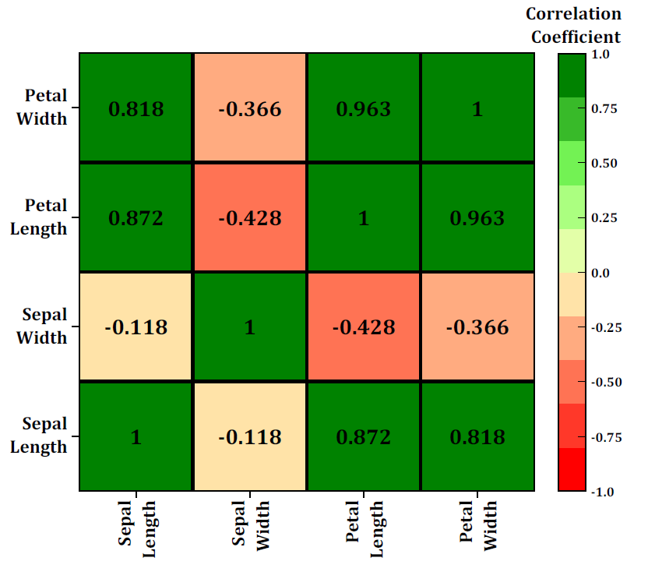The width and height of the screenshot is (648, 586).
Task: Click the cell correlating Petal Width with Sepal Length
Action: pyautogui.click(x=136, y=108)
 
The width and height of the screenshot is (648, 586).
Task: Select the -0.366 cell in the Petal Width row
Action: pyautogui.click(x=249, y=108)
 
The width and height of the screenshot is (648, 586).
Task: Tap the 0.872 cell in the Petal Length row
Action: pyautogui.click(x=136, y=217)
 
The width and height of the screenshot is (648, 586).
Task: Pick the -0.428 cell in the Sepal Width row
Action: pyautogui.click(x=364, y=327)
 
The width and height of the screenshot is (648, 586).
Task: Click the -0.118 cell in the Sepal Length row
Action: pyautogui.click(x=249, y=436)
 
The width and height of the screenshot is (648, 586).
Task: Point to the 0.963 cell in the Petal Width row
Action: pyautogui.click(x=364, y=108)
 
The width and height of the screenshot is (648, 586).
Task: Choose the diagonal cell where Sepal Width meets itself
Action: pyautogui.click(x=249, y=327)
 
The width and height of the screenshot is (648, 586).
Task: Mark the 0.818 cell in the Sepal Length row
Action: pyautogui.click(x=477, y=436)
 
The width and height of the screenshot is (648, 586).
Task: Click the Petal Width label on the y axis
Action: pyautogui.click(x=46, y=108)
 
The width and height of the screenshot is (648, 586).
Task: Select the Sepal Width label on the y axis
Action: pyautogui.click(x=44, y=327)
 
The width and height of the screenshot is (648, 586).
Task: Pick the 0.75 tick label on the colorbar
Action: pyautogui.click(x=604, y=108)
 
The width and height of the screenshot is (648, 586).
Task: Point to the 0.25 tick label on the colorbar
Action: pyautogui.click(x=604, y=218)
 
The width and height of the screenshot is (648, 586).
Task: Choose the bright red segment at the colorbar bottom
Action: pyautogui.click(x=571, y=469)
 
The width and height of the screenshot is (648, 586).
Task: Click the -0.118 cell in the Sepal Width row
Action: pyautogui.click(x=136, y=327)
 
